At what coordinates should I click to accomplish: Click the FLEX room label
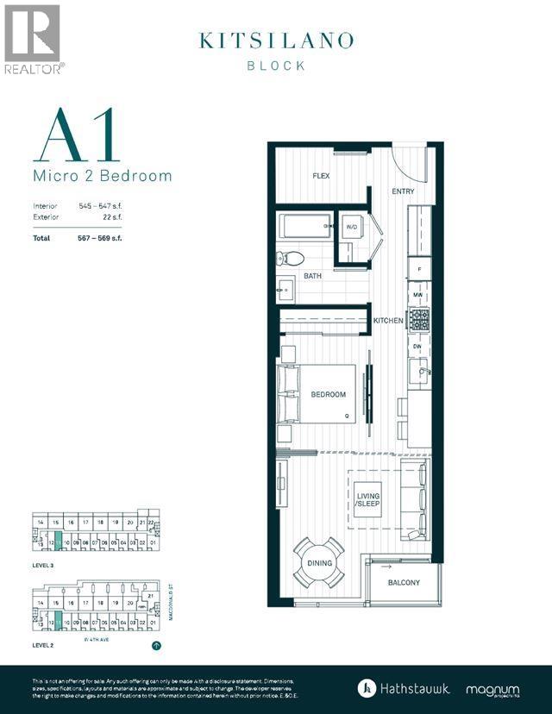click(x=321, y=176)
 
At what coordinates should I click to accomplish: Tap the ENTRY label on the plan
click(x=403, y=191)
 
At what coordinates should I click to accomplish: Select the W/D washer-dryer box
click(x=352, y=227)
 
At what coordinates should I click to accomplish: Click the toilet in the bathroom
click(x=291, y=257)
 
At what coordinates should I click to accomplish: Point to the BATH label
click(x=312, y=277)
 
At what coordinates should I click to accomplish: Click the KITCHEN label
click(x=388, y=321)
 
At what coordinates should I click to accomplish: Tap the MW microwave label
click(x=417, y=296)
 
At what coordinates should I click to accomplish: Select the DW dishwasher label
click(x=417, y=347)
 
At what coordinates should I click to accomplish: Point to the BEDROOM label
click(x=328, y=395)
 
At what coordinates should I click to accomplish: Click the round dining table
click(x=318, y=563)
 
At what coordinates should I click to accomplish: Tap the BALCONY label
click(x=404, y=583)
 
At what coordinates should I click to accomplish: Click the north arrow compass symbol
click(x=156, y=645)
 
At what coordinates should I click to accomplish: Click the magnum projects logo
click(x=492, y=690)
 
